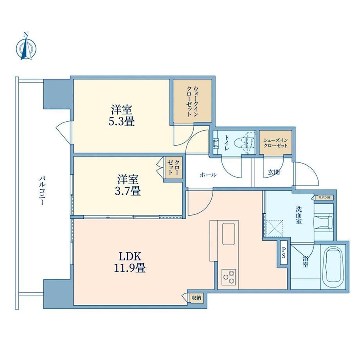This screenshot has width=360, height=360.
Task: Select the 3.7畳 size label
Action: (x=128, y=191)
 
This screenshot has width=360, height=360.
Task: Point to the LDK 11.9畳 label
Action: (x=130, y=262)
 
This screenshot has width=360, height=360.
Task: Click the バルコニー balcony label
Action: (x=41, y=191)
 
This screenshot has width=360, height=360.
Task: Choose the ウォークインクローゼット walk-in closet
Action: (x=193, y=101)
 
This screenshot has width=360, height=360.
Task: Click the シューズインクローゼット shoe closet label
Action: (x=275, y=143)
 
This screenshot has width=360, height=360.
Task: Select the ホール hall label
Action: (x=208, y=175)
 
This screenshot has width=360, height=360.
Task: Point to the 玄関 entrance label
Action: (x=274, y=172)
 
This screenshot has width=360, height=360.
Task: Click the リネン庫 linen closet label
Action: (x=324, y=198)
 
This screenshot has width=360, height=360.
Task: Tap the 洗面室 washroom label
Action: (x=299, y=215)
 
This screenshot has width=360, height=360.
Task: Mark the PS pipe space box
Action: (x=284, y=252)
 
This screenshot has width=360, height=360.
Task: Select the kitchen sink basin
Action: (x=229, y=234)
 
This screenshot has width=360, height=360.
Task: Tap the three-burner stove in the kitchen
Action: (x=229, y=277)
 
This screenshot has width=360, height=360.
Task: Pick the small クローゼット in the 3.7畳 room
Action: (x=174, y=167)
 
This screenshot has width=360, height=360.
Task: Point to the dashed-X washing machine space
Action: (x=275, y=228)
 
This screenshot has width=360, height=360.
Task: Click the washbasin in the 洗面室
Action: (x=324, y=222)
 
